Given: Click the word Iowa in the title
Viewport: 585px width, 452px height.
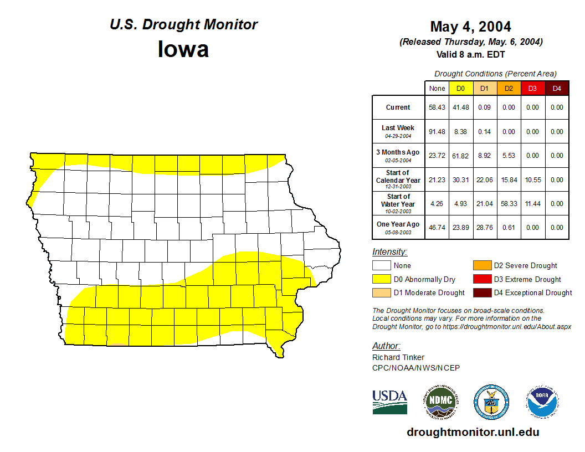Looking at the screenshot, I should point(183,49).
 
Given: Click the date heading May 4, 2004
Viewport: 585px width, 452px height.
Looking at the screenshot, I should point(470,27).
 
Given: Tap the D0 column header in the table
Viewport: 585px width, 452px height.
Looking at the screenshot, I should point(460,89).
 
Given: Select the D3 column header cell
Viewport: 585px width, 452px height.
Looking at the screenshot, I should point(532,89).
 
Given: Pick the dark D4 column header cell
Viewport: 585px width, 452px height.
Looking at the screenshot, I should point(557,89).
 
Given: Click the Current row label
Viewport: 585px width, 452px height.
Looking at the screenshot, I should point(398,107).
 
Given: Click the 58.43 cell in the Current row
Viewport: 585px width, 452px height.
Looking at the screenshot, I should point(437,107).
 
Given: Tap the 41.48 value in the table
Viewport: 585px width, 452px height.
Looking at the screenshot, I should point(460,107).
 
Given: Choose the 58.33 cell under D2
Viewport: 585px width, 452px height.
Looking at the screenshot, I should point(509,204).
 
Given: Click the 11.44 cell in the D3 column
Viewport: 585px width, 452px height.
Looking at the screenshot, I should point(532,204).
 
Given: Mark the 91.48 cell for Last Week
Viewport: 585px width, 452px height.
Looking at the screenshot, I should point(437,132).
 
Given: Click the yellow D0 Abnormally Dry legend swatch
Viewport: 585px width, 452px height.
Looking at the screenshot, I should point(381,279).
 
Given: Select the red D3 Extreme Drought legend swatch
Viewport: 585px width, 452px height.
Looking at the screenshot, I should point(481,279).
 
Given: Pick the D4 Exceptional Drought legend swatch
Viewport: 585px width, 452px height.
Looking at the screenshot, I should point(481,292).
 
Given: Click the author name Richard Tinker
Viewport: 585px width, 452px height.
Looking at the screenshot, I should point(399,357).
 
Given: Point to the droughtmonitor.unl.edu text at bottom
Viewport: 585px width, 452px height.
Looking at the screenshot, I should point(473,432).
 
